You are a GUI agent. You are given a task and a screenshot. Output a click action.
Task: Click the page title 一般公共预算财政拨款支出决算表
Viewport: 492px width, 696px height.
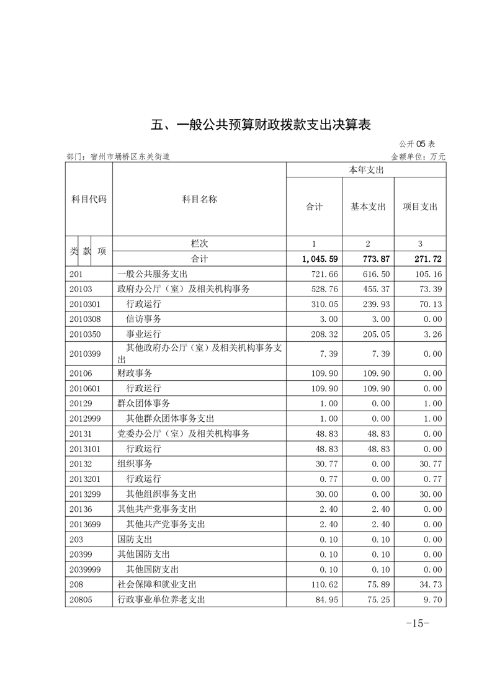click(261, 124)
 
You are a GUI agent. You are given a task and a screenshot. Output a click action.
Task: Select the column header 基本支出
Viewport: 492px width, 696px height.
click(368, 207)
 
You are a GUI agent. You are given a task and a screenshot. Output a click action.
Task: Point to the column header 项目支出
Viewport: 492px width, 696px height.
click(420, 207)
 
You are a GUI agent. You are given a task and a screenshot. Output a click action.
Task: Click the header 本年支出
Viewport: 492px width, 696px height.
click(366, 169)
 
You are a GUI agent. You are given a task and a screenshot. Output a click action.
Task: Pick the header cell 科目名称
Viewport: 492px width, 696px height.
click(199, 199)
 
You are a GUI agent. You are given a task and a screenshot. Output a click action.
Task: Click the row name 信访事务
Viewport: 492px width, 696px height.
click(143, 319)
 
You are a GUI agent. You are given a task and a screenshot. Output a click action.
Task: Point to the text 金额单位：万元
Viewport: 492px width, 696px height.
click(418, 157)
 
